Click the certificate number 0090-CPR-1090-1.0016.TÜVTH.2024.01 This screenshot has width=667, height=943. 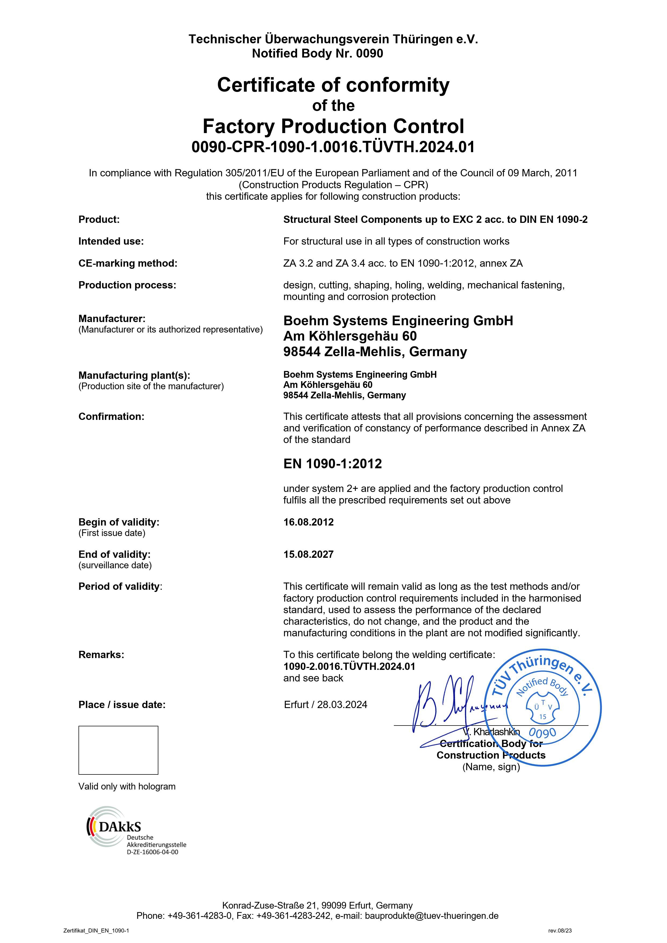[x=333, y=147]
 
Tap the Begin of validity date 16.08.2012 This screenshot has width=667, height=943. [x=308, y=522]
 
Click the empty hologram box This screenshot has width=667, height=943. [x=118, y=750]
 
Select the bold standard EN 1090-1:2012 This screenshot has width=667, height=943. [x=333, y=464]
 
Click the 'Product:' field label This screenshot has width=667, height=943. [x=99, y=219]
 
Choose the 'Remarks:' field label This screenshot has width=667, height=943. [x=101, y=654]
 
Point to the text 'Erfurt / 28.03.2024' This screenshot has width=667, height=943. [x=326, y=705]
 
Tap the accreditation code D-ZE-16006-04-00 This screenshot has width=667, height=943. [x=152, y=852]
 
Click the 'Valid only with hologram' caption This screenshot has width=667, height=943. [x=127, y=787]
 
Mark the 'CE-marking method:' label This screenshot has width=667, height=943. [x=128, y=263]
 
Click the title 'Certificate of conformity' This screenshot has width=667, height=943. [x=333, y=85]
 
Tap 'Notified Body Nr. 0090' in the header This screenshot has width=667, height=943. [x=318, y=53]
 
